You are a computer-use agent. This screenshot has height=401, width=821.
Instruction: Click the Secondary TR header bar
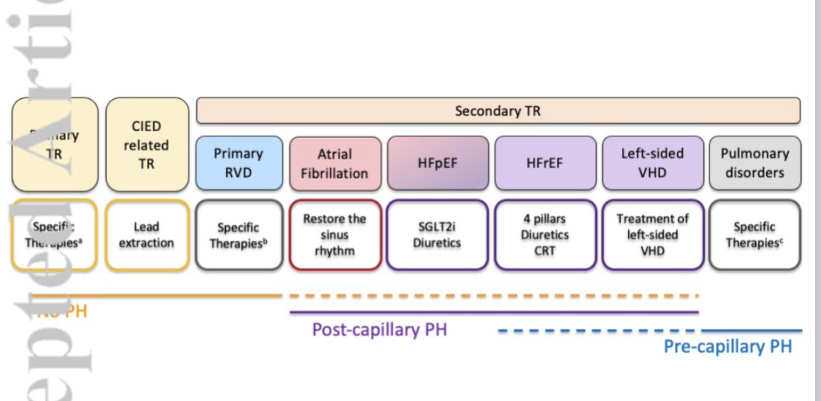(498, 111)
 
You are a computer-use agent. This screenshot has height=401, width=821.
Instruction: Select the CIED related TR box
(147, 144)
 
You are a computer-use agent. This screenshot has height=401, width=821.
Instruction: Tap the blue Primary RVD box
(238, 163)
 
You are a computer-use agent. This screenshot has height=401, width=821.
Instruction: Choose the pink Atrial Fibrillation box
(335, 163)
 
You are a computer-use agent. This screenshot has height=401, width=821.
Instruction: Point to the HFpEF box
(438, 163)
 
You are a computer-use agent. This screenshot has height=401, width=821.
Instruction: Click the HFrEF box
(545, 163)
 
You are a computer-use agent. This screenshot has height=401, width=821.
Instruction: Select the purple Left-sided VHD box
(653, 163)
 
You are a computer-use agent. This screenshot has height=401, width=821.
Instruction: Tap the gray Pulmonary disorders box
(755, 163)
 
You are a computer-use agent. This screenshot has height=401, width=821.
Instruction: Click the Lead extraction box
(147, 235)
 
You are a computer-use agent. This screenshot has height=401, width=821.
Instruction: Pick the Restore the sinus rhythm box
(335, 234)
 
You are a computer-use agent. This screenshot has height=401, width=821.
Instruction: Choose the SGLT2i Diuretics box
(438, 234)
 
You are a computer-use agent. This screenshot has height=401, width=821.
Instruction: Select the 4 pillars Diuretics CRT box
(545, 234)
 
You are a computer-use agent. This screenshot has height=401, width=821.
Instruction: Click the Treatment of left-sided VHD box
(653, 234)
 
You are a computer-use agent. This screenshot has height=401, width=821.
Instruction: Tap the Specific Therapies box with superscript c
(755, 234)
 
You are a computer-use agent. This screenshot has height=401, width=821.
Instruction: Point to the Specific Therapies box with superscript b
(238, 234)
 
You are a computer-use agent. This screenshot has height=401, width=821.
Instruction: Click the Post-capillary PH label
(379, 330)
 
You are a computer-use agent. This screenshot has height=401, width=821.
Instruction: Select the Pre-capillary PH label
(727, 347)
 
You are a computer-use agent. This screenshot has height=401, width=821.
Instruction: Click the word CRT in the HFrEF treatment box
(545, 250)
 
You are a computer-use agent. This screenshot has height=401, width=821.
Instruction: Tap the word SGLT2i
(438, 227)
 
